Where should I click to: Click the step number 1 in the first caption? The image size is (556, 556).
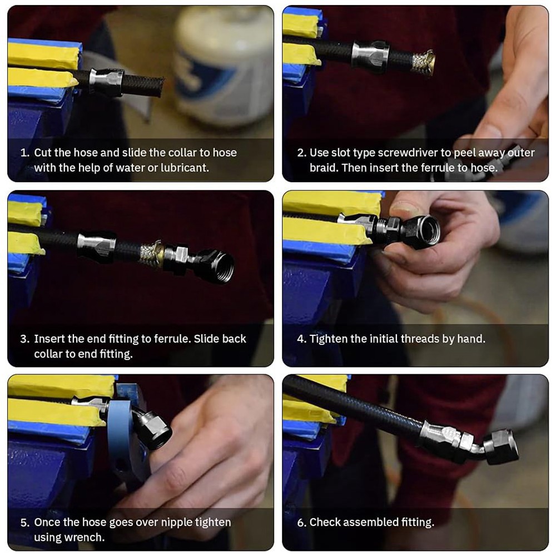[x=24, y=153]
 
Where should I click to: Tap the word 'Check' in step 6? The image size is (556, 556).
[x=325, y=522]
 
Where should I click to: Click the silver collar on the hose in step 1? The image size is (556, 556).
[x=106, y=82]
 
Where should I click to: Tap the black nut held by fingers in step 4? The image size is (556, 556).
[x=420, y=231]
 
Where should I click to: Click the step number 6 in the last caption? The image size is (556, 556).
[x=301, y=522]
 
